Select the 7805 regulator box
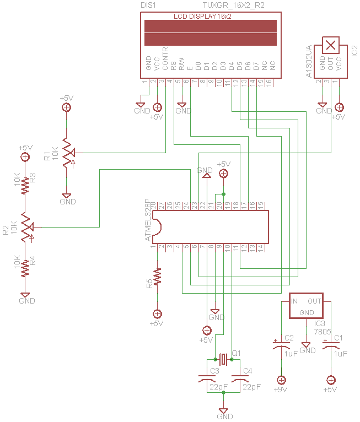[307, 306]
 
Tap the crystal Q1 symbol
[223, 359]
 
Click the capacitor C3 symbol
[207, 379]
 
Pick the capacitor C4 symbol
[240, 379]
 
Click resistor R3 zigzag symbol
[25, 187]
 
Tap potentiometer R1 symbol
[66, 152]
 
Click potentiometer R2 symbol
[25, 227]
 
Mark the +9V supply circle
[282, 380]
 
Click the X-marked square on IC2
[330, 45]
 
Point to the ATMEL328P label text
[147, 220]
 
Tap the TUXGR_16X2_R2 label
[233, 4]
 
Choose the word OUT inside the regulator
[314, 301]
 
